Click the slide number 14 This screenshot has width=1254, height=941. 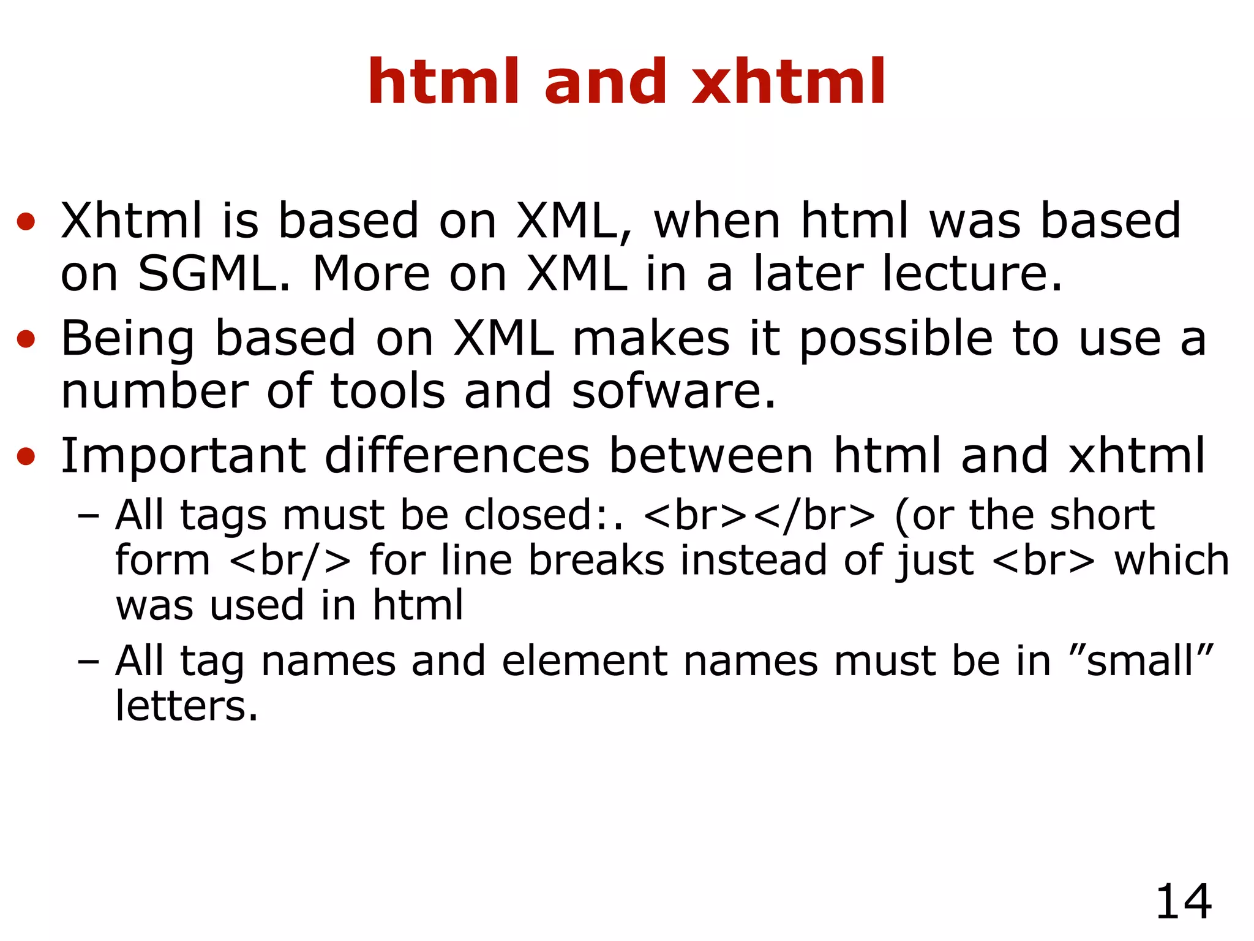click(1183, 902)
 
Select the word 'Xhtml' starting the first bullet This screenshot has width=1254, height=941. click(131, 221)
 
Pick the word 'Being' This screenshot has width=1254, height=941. click(127, 338)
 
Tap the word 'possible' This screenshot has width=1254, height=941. click(896, 339)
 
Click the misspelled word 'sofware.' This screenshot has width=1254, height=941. click(674, 391)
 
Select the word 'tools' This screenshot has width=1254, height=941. click(388, 391)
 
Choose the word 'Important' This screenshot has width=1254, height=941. click(182, 456)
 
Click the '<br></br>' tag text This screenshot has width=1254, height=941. click(760, 515)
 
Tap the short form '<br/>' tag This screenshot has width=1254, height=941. click(290, 561)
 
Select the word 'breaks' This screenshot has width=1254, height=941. click(596, 560)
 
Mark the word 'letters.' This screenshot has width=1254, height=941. click(187, 706)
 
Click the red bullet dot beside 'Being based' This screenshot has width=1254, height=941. click(26, 339)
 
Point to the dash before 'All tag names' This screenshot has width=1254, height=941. click(89, 662)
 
